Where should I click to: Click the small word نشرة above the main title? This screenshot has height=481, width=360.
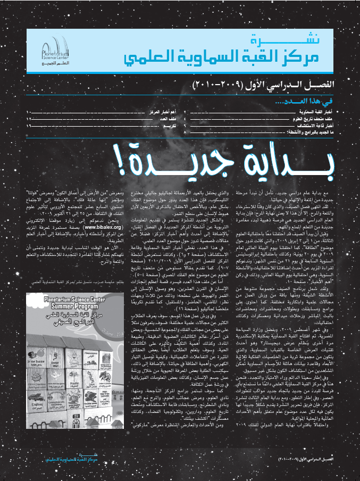[264, 41]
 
